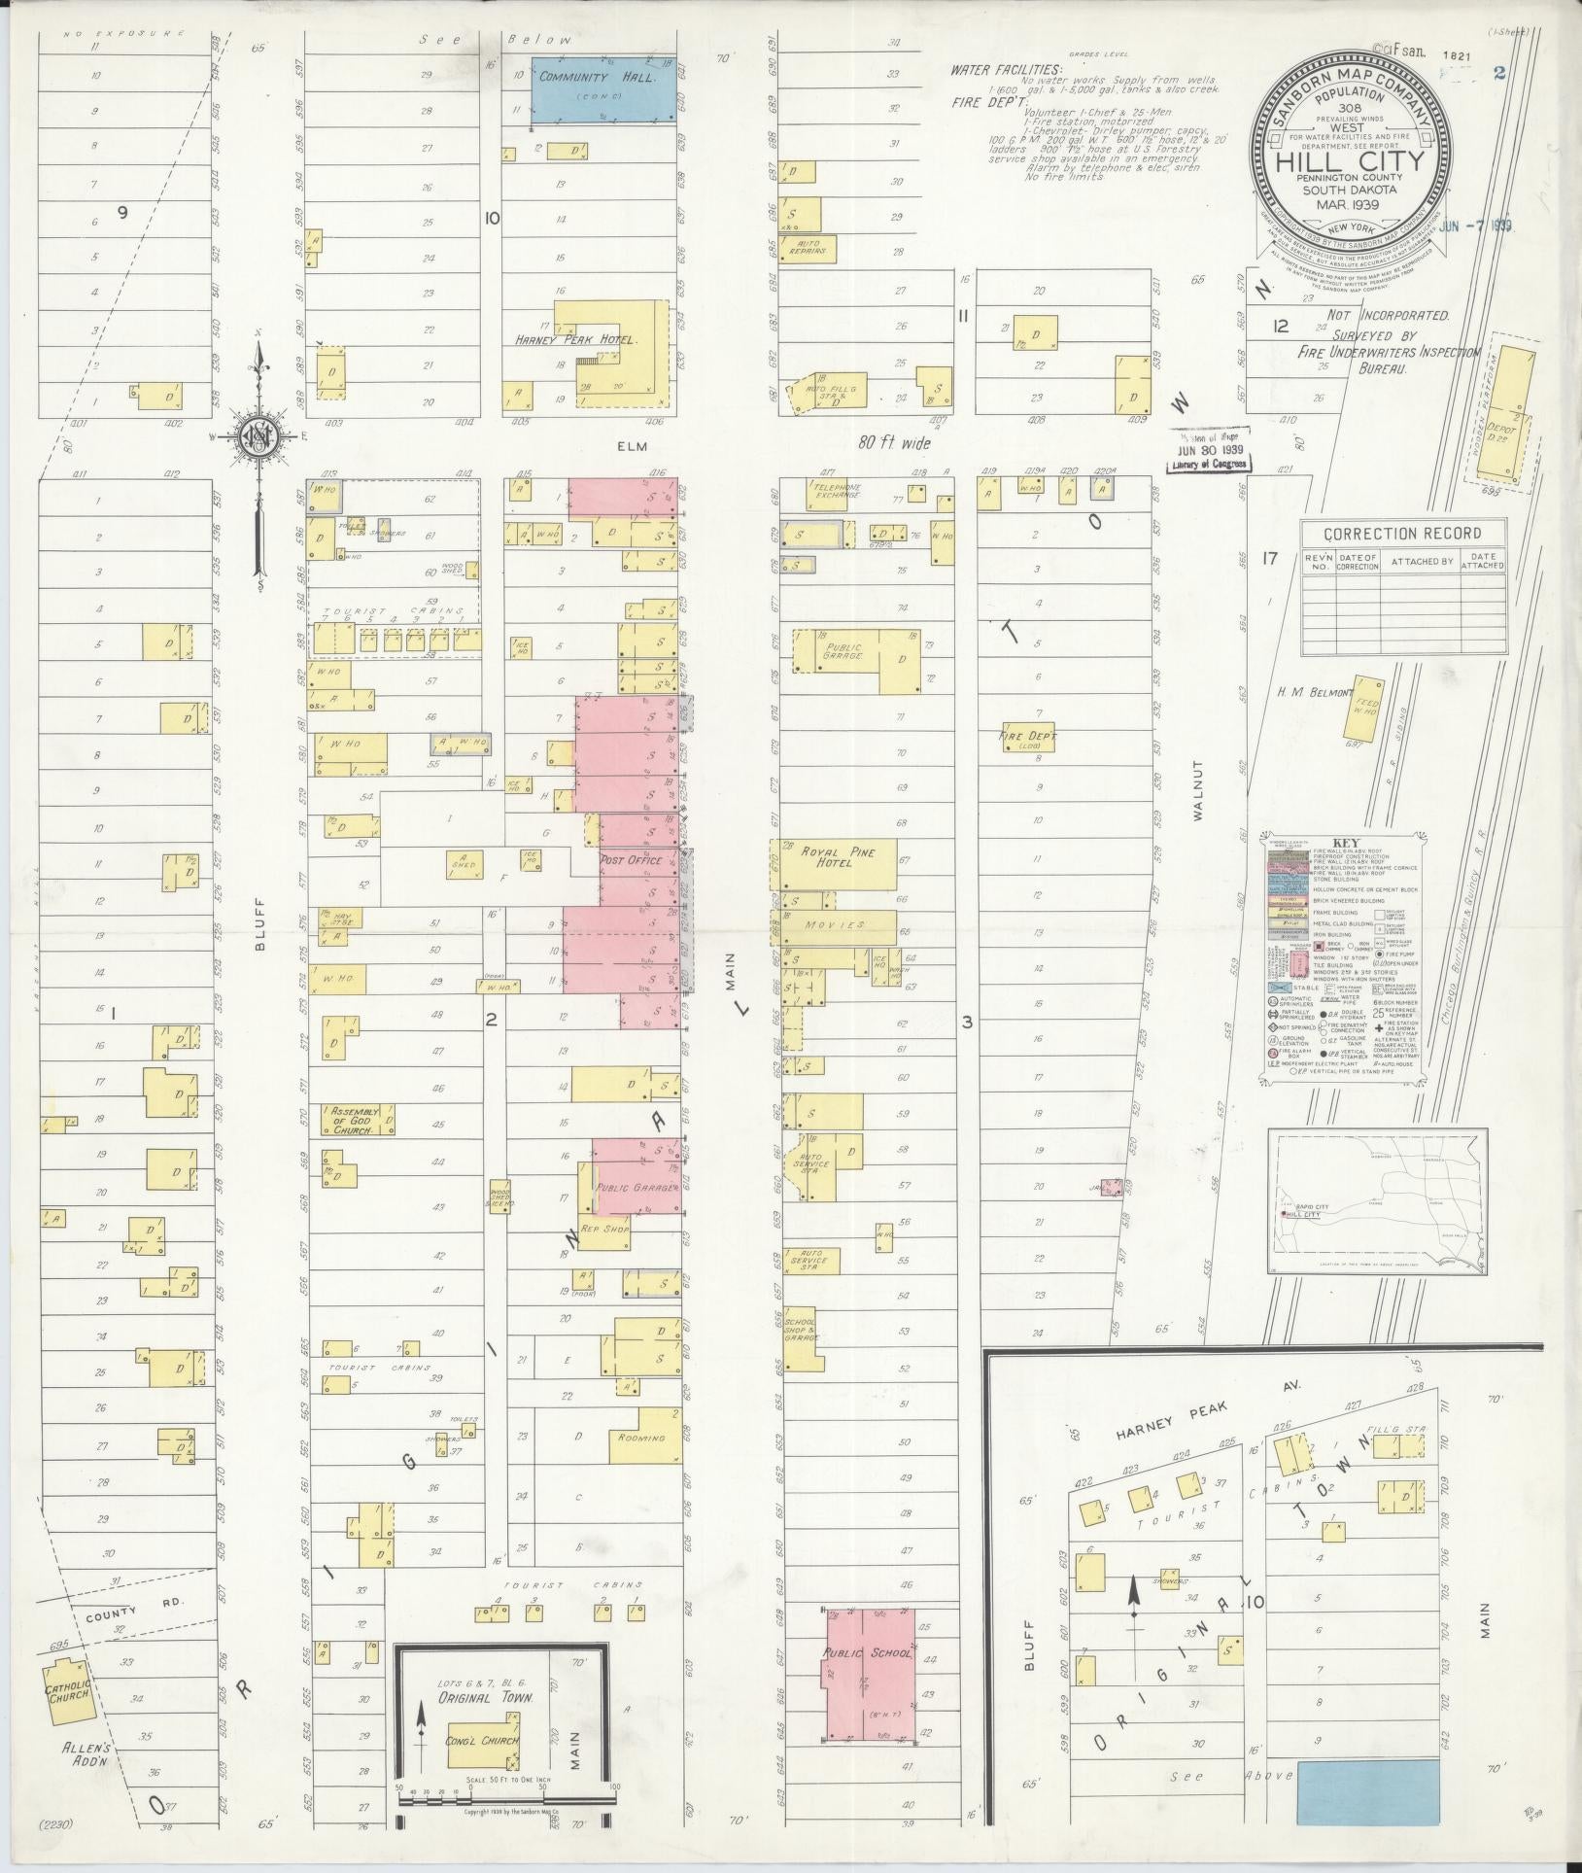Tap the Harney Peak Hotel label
tap(576, 341)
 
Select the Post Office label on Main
tap(631, 860)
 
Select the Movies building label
tap(833, 925)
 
